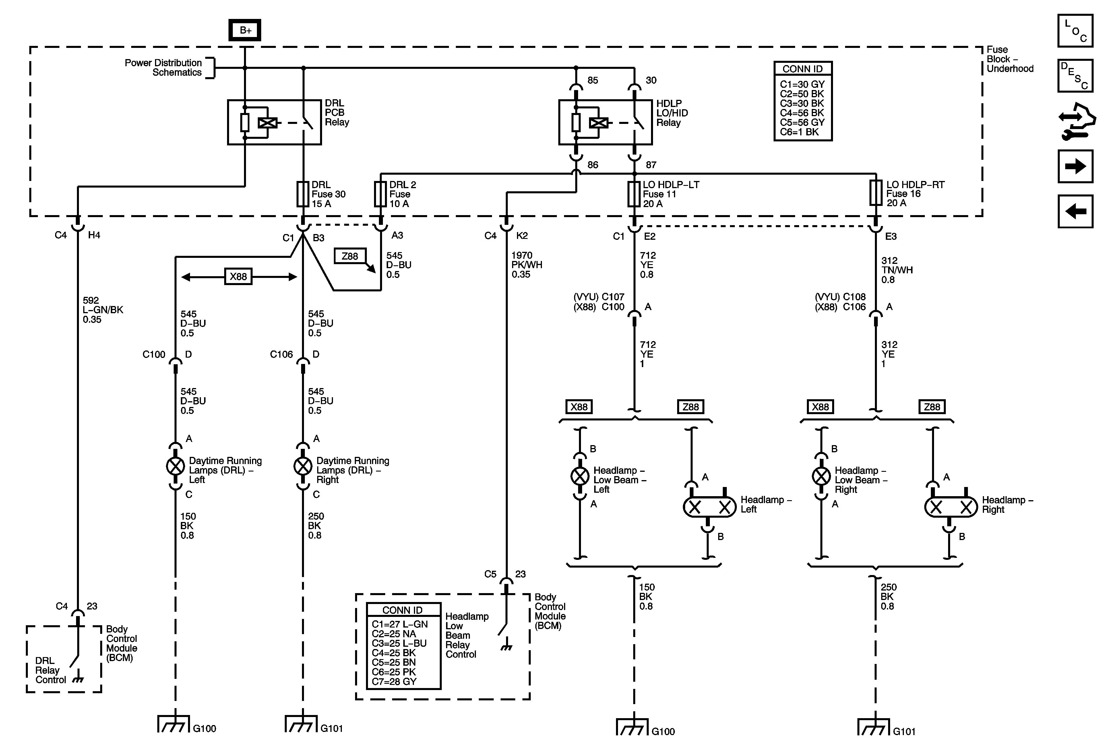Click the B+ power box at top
click(x=245, y=30)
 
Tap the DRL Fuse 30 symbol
click(x=303, y=194)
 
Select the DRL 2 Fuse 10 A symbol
click(x=380, y=194)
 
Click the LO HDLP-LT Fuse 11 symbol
click(x=634, y=194)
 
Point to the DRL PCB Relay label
click(x=337, y=113)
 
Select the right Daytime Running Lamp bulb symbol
click(x=303, y=466)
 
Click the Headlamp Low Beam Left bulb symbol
click(x=580, y=476)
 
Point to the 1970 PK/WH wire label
click(x=526, y=265)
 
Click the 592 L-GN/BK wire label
click(x=102, y=310)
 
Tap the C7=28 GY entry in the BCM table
click(x=394, y=681)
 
